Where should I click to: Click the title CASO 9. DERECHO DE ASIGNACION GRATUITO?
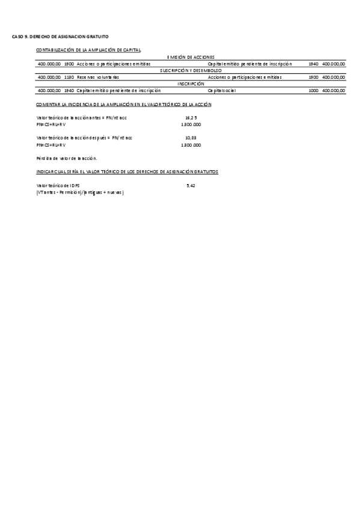pyautogui.click(x=60, y=37)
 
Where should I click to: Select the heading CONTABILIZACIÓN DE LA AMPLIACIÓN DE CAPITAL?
pyautogui.click(x=88, y=49)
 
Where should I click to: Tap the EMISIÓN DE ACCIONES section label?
pyautogui.click(x=191, y=57)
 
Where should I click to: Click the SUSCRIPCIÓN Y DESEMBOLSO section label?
pyautogui.click(x=191, y=70)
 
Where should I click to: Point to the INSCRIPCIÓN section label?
pyautogui.click(x=191, y=84)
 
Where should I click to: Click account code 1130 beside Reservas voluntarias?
pyautogui.click(x=69, y=77)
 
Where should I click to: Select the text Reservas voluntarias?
pyautogui.click(x=98, y=77)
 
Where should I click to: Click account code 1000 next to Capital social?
pyautogui.click(x=313, y=91)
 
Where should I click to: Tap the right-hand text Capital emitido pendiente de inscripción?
pyautogui.click(x=249, y=63)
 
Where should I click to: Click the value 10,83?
pyautogui.click(x=191, y=138)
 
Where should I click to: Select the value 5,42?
pyautogui.click(x=191, y=186)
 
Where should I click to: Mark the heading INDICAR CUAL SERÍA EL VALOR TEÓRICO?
pyautogui.click(x=127, y=172)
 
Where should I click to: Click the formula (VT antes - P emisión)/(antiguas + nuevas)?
pyautogui.click(x=80, y=192)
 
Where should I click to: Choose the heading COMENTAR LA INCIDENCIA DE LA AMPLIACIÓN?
pyautogui.click(x=124, y=105)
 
